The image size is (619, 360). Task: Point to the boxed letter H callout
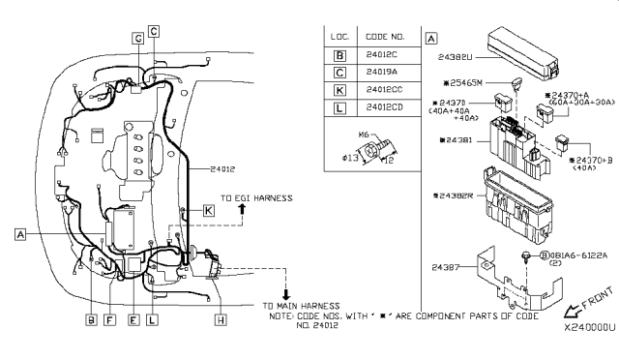pyautogui.click(x=221, y=318)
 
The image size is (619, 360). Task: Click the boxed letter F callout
pyautogui.click(x=109, y=318)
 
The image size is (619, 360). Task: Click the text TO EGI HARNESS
pyautogui.click(x=256, y=197)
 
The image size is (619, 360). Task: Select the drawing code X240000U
pyautogui.click(x=582, y=328)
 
